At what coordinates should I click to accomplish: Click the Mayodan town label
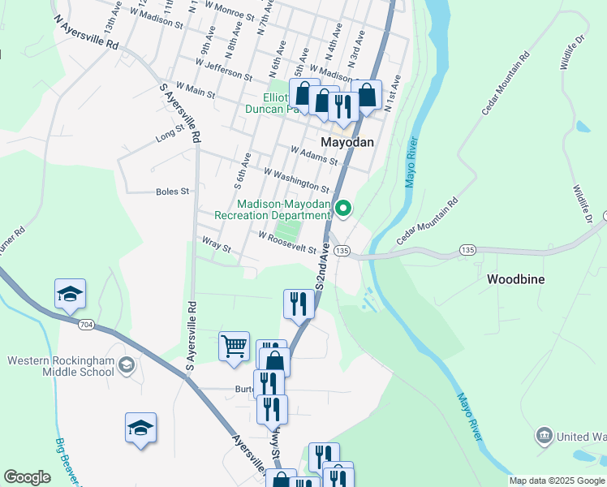click(347, 141)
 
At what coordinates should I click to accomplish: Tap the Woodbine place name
click(515, 278)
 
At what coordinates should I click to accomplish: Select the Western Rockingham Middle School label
click(61, 366)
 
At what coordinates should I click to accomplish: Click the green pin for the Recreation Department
click(343, 209)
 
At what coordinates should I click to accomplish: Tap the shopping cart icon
click(234, 346)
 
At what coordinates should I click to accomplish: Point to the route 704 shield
click(87, 325)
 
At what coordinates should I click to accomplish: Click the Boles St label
click(172, 192)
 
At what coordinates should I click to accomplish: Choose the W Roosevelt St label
click(287, 242)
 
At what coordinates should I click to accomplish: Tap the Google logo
click(27, 477)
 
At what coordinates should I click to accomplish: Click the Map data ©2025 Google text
click(557, 481)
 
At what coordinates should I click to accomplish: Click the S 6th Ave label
click(242, 166)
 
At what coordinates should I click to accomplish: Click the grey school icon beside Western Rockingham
click(126, 367)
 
